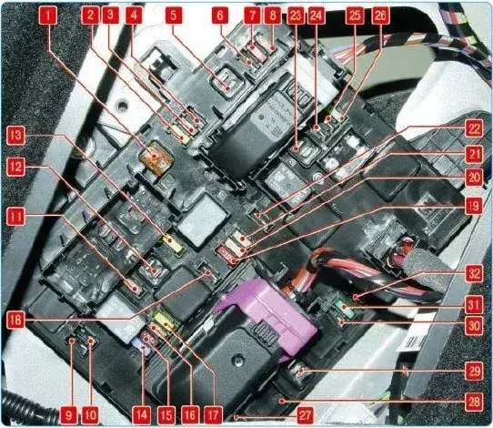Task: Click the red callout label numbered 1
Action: coord(48,15)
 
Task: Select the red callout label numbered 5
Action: coord(174,15)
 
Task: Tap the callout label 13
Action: coord(15,135)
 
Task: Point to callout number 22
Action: coord(474,128)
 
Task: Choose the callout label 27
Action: coord(305,415)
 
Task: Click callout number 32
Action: coord(474,273)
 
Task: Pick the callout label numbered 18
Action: coord(15,321)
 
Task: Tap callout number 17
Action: coord(213,415)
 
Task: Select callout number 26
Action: coord(380,15)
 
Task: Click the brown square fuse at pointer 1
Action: coord(156,157)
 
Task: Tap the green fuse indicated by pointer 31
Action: coord(343,307)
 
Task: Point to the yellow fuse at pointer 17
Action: coord(165,319)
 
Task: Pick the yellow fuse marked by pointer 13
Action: coord(173,243)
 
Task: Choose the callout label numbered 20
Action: coord(474,178)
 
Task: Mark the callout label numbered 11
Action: coord(15,217)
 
